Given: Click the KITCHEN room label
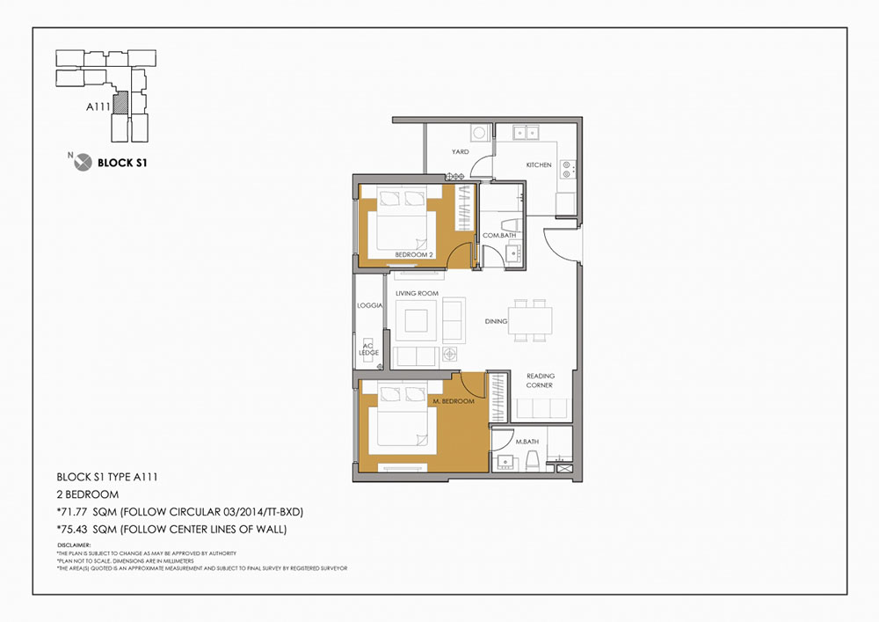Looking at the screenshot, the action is click(539, 165).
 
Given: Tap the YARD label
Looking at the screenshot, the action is click(461, 151).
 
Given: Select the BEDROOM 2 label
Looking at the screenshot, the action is click(414, 254).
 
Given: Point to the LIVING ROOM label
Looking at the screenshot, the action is click(417, 293).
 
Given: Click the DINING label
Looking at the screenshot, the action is click(496, 321).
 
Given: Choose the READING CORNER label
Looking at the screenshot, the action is click(540, 380).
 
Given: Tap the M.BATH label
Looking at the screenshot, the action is click(527, 442).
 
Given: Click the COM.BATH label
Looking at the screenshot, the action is click(499, 236).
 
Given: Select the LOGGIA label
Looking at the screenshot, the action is click(370, 305).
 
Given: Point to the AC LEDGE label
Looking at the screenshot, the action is click(369, 349).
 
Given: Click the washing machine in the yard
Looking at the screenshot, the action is click(479, 133).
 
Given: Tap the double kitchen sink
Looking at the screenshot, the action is click(526, 133).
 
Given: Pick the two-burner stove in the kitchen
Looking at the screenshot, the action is click(567, 170).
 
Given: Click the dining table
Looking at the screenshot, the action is click(530, 321).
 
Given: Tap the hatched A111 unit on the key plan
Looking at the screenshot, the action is click(120, 103).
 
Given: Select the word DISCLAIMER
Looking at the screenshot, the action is click(74, 545).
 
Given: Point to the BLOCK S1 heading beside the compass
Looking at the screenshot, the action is click(122, 164).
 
